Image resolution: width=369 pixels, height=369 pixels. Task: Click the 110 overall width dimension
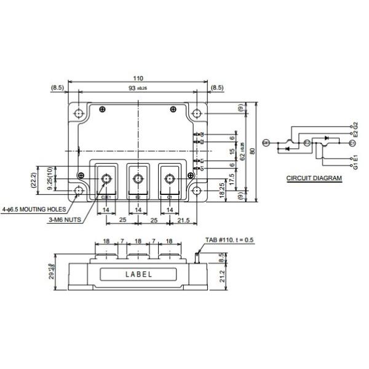pos(138,79)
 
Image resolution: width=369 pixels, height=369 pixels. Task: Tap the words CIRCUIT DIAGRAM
pos(314,178)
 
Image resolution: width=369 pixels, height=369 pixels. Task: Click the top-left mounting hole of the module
pos(79,114)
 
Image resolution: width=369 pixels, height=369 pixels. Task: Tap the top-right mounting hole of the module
pos(196,114)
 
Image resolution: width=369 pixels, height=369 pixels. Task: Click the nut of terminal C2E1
pos(106,179)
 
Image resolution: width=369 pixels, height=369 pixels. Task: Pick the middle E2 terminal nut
pos(138,179)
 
